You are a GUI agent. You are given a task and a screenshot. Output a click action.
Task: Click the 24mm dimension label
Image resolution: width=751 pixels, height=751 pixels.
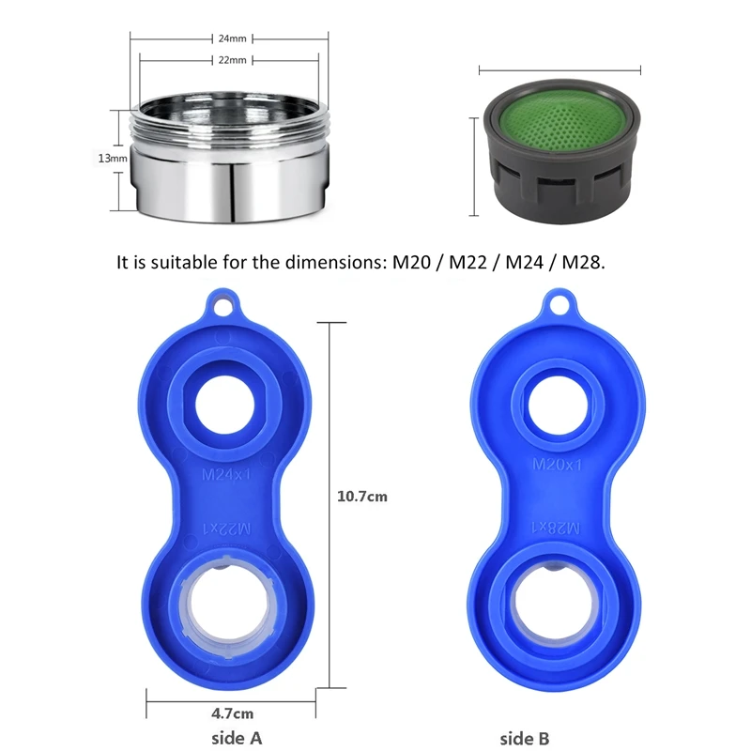232,38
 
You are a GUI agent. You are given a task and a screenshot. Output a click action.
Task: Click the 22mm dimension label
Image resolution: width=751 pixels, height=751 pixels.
232,60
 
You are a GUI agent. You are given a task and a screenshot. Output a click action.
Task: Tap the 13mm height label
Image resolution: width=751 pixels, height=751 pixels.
113,158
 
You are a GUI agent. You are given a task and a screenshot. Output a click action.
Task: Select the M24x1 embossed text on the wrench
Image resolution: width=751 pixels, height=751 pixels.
226,475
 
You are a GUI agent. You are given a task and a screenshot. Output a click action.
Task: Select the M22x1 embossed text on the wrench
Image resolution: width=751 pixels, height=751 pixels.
226,529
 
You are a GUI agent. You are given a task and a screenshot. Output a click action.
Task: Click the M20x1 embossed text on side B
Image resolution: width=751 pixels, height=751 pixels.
558,464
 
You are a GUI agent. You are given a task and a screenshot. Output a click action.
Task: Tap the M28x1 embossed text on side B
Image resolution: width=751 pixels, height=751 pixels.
556,528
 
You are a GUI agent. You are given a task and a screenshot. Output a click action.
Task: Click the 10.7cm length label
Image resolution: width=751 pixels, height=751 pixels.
362,497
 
